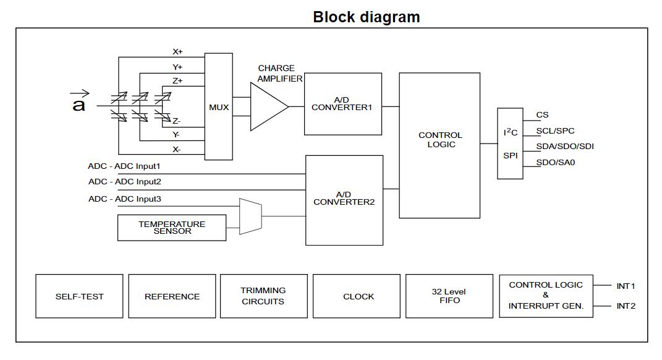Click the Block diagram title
tap(366, 17)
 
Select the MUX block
tap(218, 107)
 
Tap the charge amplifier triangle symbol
tap(268, 106)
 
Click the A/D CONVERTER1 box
tap(342, 104)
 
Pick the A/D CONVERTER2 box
tap(344, 199)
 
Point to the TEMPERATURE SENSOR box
tap(172, 228)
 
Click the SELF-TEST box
tap(79, 296)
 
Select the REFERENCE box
tap(172, 296)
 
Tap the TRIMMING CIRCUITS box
tap(263, 296)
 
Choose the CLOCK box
tap(359, 296)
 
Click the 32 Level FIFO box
tap(449, 296)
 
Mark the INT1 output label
tap(626, 286)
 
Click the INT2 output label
tap(626, 306)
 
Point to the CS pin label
tap(542, 115)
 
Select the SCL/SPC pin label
tap(555, 131)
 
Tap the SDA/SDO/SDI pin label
tap(565, 147)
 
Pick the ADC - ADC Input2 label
tap(124, 182)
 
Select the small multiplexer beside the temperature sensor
tap(250, 216)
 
